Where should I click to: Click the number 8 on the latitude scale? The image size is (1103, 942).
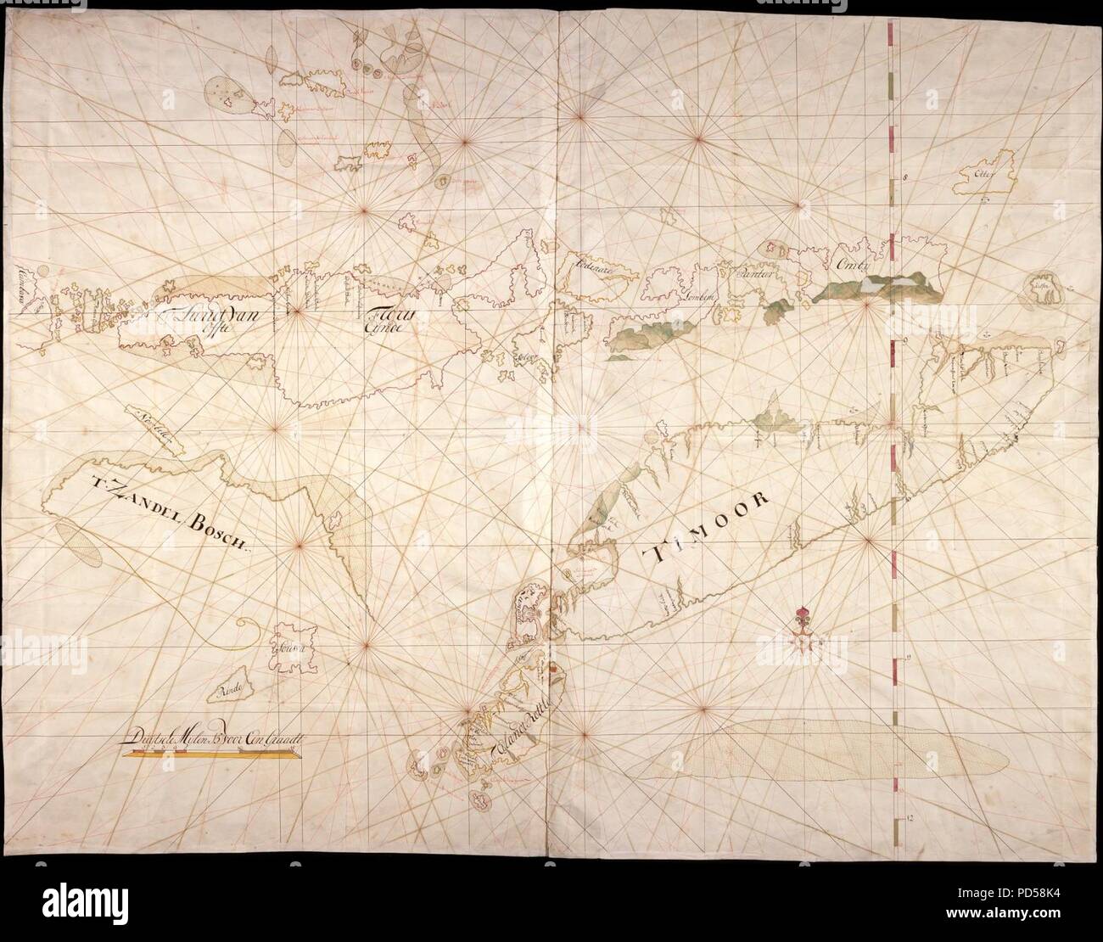[x=906, y=179]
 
